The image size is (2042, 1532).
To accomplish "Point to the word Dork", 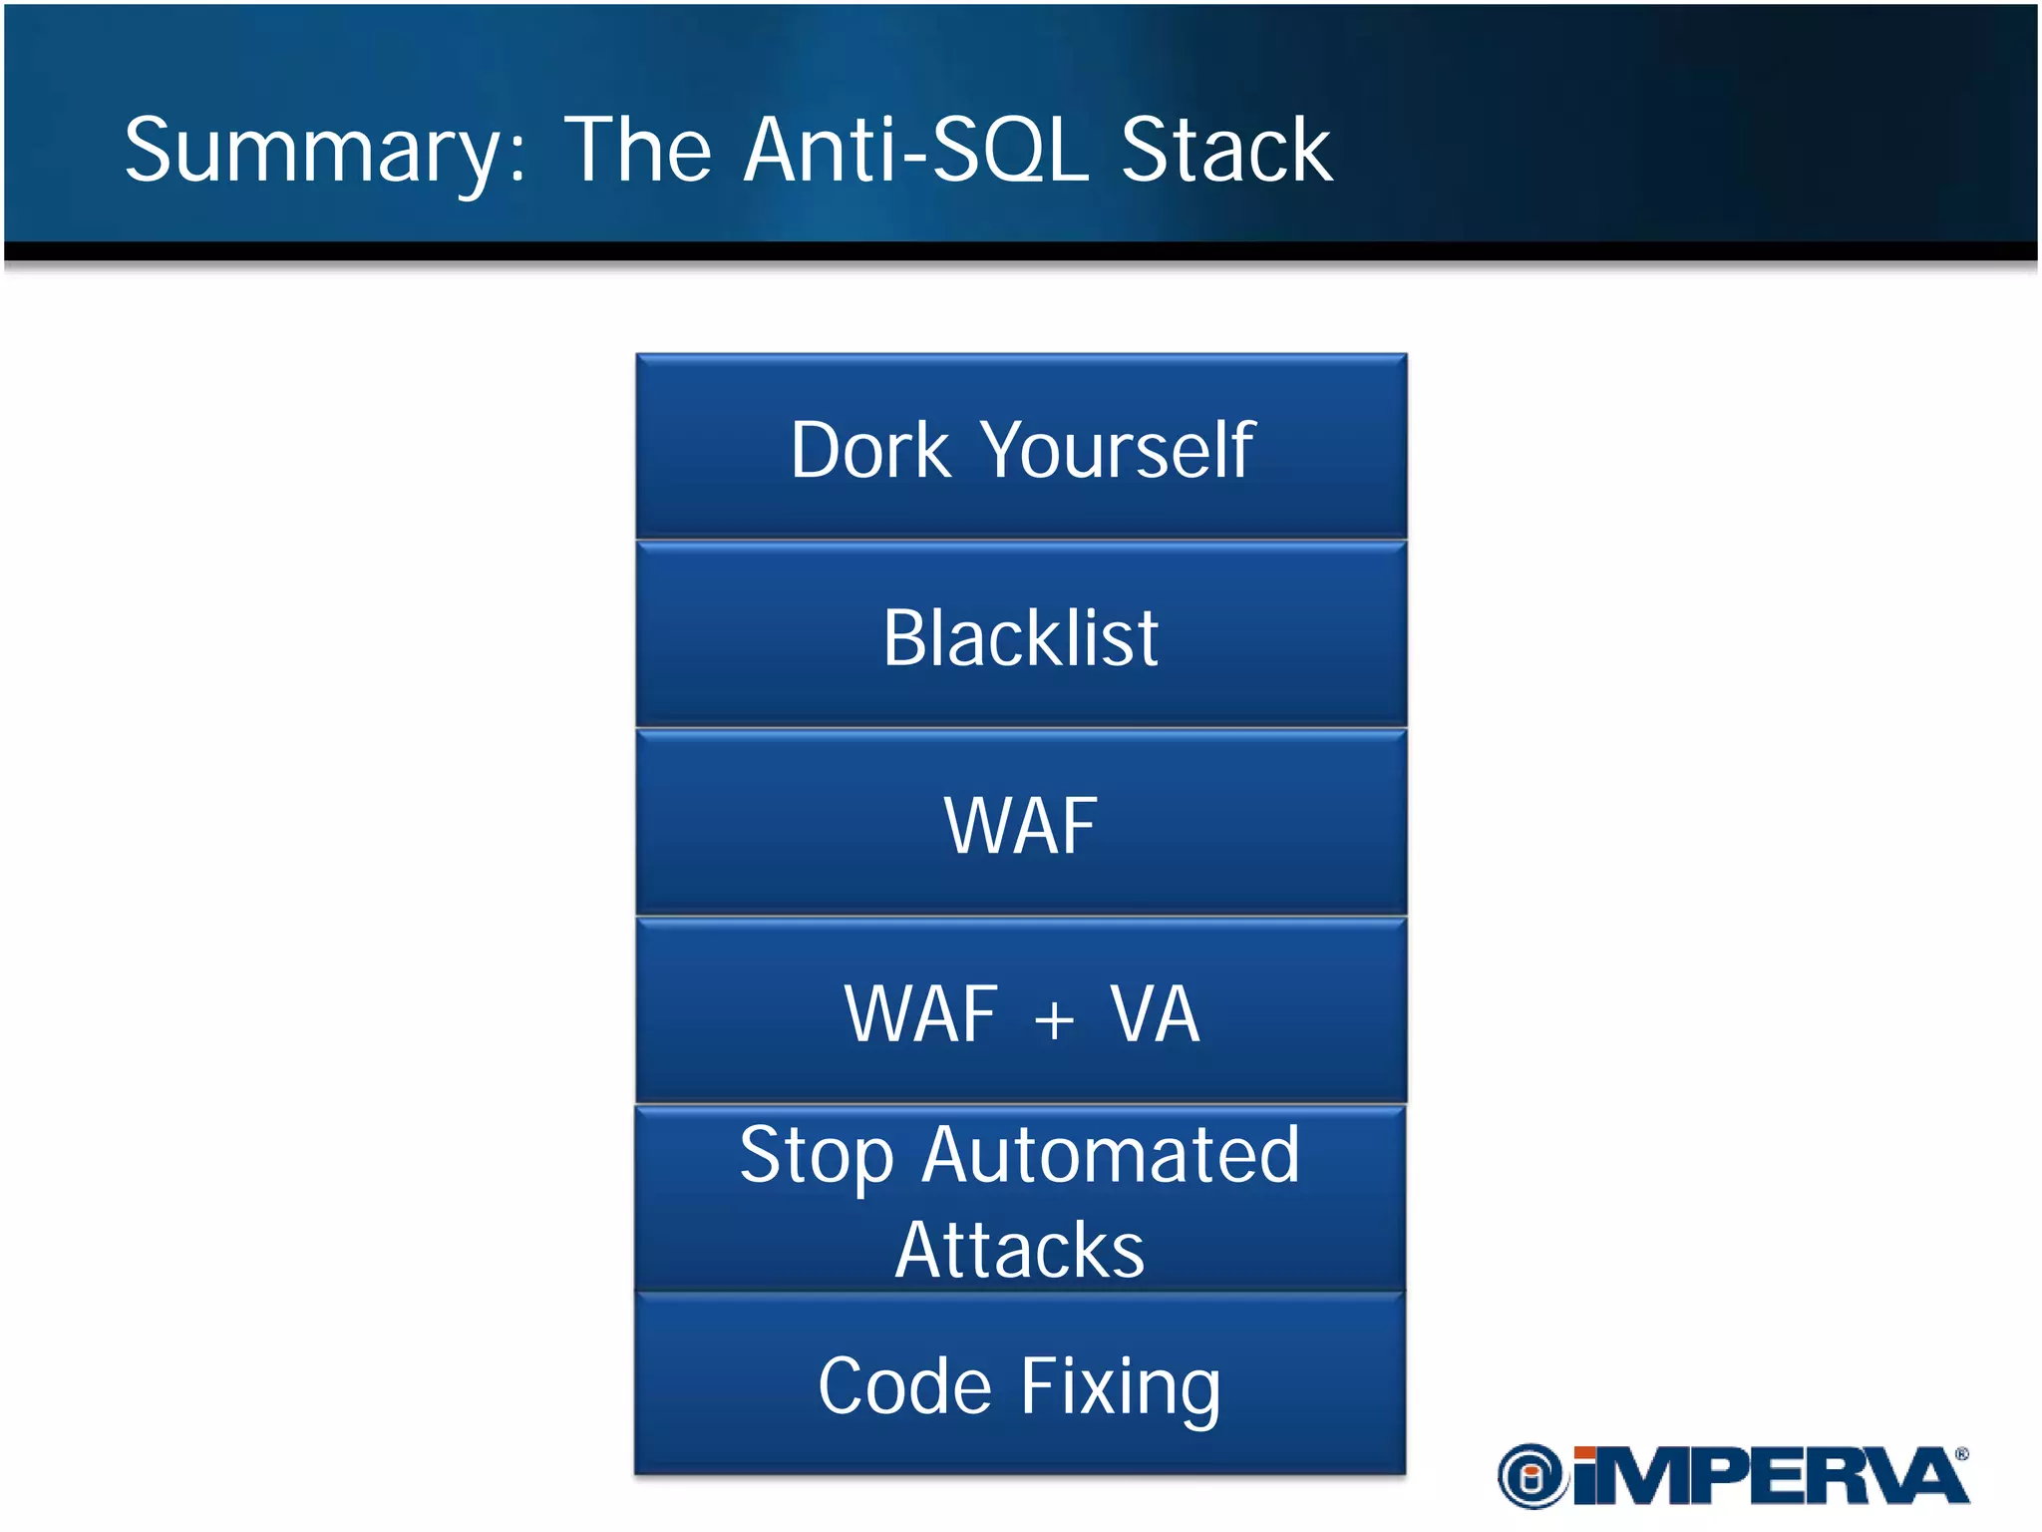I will (870, 451).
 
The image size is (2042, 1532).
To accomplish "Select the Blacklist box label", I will (1020, 638).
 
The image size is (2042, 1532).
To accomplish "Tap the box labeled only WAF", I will (1020, 826).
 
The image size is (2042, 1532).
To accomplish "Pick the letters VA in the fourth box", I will (1155, 1014).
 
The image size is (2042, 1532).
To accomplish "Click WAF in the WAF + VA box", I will (920, 1014).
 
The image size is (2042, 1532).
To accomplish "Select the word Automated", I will (1111, 1155).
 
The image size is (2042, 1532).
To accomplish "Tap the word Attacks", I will (1020, 1250).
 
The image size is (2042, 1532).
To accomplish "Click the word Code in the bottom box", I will (904, 1386).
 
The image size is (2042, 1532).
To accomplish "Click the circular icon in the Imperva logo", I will (1532, 1476).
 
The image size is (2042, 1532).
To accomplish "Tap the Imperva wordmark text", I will (1770, 1476).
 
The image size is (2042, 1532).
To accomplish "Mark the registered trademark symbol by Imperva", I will (1961, 1454).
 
